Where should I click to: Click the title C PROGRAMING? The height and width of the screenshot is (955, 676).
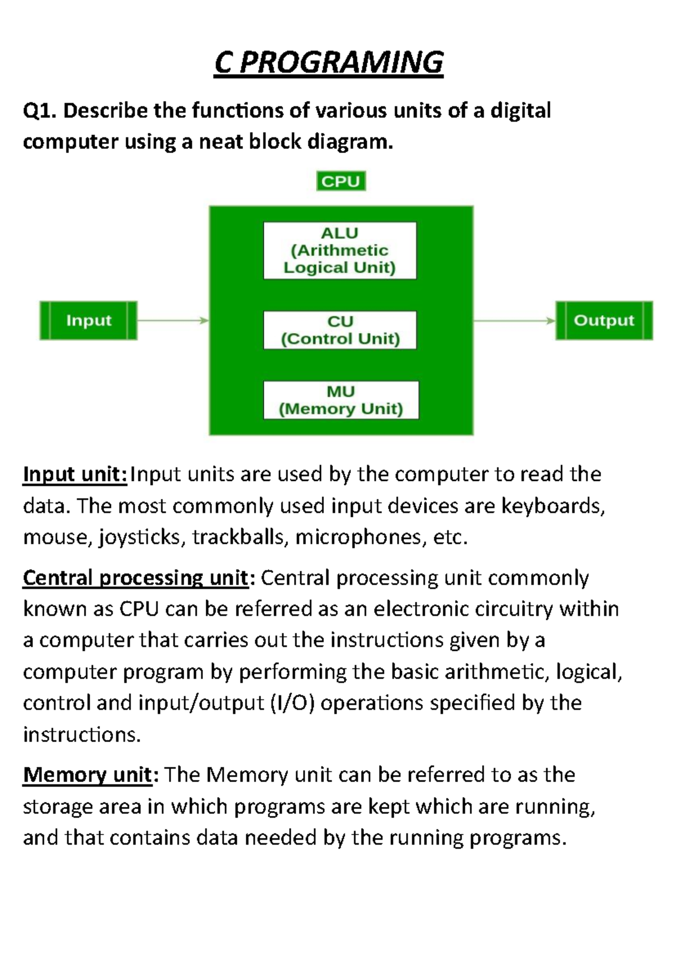329,63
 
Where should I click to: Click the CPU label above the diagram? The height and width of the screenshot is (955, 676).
341,181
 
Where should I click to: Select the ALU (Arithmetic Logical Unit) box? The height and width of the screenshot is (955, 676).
340,251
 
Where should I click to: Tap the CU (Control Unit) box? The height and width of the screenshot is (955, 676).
340,330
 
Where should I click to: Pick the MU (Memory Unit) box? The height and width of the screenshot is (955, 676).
341,400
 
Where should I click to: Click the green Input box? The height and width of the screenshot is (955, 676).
88,320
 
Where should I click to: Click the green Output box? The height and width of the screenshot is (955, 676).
604,320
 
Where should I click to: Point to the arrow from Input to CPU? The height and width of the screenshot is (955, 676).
172,320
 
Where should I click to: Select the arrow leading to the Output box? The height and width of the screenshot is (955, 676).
514,320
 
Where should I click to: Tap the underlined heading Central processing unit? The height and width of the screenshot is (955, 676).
135,578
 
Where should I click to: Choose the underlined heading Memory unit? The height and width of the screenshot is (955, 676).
87,775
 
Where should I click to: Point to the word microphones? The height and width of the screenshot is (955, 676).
361,538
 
